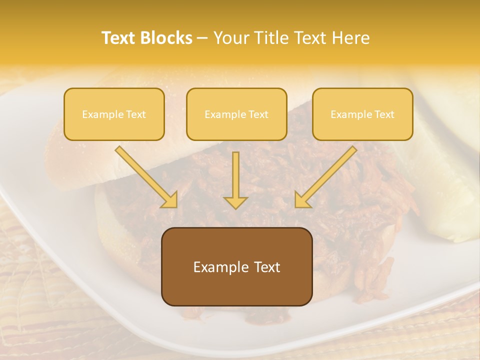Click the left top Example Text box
pos(114,114)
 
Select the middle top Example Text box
pos(236,114)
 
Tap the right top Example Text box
pos(362,114)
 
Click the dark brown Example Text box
pos(236,266)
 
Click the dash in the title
pos(202,38)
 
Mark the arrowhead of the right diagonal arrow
pos(303,199)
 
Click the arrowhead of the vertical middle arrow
pos(235,202)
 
